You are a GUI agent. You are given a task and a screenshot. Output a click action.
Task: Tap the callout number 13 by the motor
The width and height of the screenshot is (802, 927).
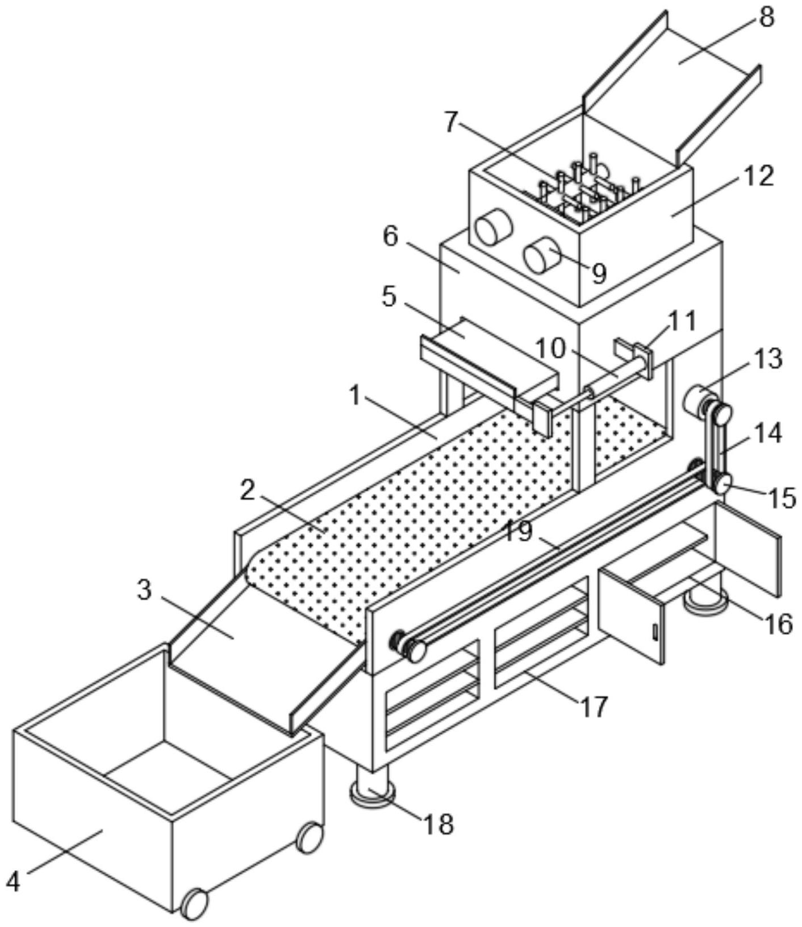[x=768, y=359]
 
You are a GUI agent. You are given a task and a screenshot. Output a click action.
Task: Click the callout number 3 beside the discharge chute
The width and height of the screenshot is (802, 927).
[x=144, y=590]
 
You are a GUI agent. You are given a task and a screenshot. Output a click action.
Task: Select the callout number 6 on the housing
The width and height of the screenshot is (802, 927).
[x=390, y=236]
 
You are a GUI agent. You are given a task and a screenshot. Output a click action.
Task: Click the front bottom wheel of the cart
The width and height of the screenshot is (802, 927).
[x=194, y=903]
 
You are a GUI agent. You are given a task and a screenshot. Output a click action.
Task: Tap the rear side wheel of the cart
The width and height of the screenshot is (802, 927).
[x=310, y=837]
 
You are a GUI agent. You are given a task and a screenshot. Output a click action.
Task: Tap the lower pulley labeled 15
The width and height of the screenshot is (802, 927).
[x=721, y=484]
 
